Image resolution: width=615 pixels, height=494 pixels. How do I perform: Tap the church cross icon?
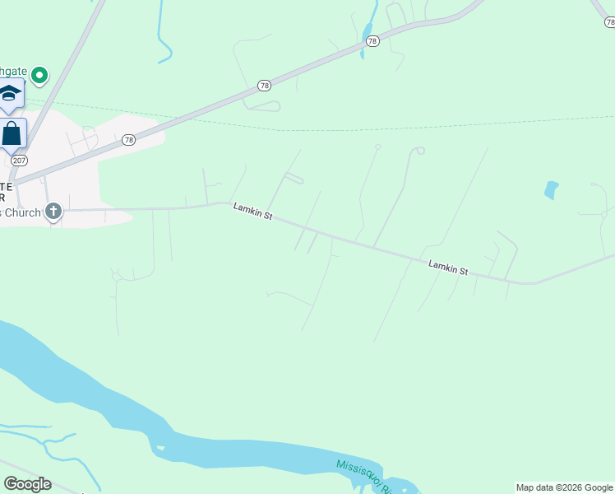tap(53, 211)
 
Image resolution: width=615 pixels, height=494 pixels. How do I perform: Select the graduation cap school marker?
tap(10, 92)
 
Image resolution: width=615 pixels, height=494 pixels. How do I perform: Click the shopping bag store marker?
tap(12, 133)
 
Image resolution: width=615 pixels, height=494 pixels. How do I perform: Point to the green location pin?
tap(39, 76)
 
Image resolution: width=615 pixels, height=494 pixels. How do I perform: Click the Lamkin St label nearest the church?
tap(252, 212)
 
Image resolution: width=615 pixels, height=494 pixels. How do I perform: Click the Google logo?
tap(27, 484)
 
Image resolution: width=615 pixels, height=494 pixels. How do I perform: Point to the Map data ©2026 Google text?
tap(563, 487)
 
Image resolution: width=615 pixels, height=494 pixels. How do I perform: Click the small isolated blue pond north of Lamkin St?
tap(551, 189)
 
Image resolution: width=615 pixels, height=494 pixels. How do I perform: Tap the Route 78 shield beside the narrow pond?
tap(372, 41)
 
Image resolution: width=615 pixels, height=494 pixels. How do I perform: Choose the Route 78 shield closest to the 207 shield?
tap(128, 140)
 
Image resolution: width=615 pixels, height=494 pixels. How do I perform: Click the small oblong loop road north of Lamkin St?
tap(294, 179)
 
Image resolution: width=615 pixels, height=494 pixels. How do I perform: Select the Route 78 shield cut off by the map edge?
tap(609, 22)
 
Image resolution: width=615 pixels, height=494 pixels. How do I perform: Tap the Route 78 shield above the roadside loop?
tap(263, 86)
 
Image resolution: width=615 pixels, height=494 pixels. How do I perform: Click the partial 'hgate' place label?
tap(13, 72)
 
